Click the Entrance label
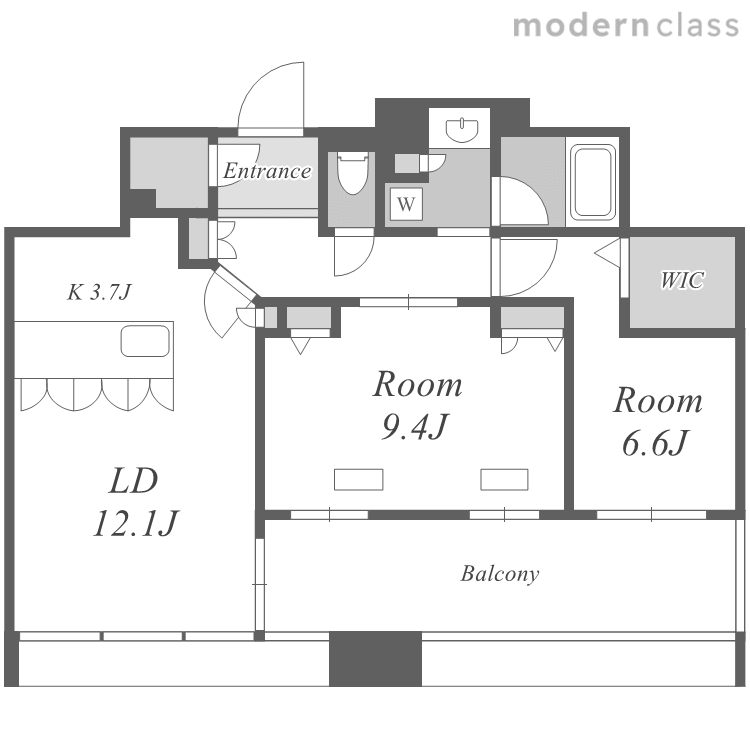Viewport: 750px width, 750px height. [267, 171]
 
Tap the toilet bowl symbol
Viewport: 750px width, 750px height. [353, 173]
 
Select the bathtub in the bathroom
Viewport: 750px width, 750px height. [593, 182]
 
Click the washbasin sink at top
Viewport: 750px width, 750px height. [462, 130]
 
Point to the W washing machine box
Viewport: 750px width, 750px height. [406, 204]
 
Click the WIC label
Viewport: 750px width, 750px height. [682, 280]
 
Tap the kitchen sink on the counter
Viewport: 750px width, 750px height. [145, 341]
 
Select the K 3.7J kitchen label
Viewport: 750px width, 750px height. [99, 292]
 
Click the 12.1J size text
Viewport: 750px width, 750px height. [136, 523]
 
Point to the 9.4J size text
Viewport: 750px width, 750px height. [415, 425]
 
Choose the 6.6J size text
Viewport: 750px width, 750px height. [655, 442]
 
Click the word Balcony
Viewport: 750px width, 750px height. [500, 574]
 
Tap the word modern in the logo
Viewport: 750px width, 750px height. [581, 25]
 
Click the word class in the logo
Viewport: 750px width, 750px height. [698, 25]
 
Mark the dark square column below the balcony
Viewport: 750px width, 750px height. [375, 659]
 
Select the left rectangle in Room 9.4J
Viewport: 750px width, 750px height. [359, 479]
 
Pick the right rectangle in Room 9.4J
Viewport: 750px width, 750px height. [504, 479]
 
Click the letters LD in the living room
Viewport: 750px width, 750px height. [133, 481]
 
